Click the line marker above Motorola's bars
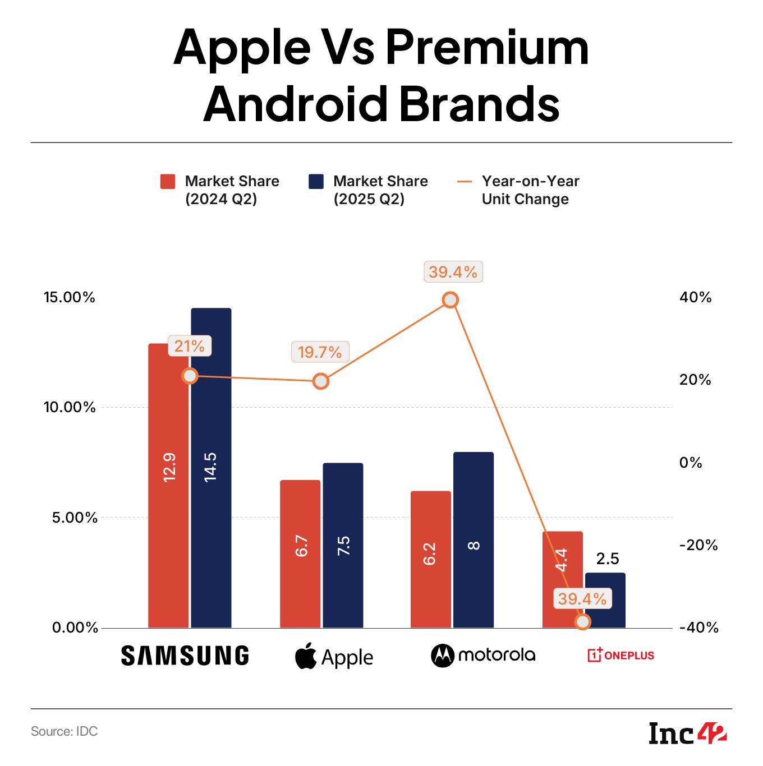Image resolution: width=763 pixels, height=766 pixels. (451, 300)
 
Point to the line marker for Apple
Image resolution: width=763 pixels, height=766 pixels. (320, 381)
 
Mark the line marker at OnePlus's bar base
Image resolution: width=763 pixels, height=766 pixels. (583, 621)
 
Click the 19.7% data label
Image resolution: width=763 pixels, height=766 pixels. (320, 352)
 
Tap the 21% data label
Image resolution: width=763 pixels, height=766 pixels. (190, 346)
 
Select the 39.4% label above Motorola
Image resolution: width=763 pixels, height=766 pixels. (453, 273)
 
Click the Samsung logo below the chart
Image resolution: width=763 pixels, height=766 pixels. (185, 656)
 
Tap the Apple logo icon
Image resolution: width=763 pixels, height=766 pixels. (306, 657)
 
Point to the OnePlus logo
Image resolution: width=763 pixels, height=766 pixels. (620, 655)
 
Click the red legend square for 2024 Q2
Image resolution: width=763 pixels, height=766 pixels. (168, 182)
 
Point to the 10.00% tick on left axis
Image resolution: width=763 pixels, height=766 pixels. (70, 407)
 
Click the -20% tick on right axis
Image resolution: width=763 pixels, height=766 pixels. (698, 545)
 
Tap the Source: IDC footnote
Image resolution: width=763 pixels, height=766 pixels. (64, 731)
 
